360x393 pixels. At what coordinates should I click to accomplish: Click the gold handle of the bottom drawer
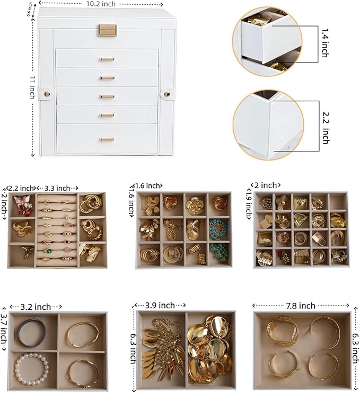pos(107,139)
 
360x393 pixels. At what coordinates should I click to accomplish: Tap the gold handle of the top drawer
pos(107,59)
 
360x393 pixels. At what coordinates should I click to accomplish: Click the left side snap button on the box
pos(47,94)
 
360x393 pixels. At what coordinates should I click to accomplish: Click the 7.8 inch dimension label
pos(300,306)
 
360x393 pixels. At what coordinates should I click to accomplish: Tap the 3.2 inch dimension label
pos(36,307)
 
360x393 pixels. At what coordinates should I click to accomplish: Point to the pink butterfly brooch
pos(21,204)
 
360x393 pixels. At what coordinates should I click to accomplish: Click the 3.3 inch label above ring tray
pos(58,188)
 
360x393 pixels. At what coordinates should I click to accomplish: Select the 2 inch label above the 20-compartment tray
pos(265,185)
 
